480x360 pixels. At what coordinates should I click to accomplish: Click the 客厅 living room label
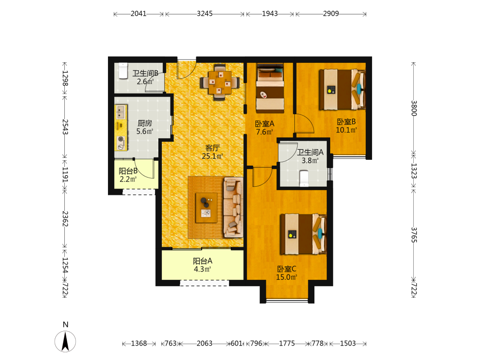(212, 148)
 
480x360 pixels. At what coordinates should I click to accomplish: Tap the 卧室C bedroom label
(287, 269)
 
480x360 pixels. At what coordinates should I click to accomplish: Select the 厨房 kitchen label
(144, 123)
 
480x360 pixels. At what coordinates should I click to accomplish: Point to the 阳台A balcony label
(203, 261)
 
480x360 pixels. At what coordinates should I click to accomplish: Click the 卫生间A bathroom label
(310, 152)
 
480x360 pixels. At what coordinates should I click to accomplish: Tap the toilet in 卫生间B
(123, 71)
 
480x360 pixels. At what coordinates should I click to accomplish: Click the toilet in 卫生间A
(304, 179)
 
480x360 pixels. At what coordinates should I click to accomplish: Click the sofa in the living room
(233, 207)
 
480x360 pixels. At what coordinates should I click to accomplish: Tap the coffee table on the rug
(206, 207)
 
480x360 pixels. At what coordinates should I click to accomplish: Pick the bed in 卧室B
(342, 89)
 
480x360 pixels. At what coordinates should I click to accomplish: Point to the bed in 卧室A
(270, 88)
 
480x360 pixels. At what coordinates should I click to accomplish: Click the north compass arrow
(65, 341)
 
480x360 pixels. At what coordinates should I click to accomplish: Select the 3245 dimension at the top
(204, 14)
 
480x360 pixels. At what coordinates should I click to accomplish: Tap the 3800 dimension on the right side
(414, 108)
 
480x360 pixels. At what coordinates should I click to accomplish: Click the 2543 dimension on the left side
(65, 127)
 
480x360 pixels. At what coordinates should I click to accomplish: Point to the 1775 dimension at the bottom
(287, 344)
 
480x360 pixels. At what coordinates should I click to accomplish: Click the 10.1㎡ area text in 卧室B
(346, 130)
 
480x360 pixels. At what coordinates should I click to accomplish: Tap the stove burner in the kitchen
(121, 139)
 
